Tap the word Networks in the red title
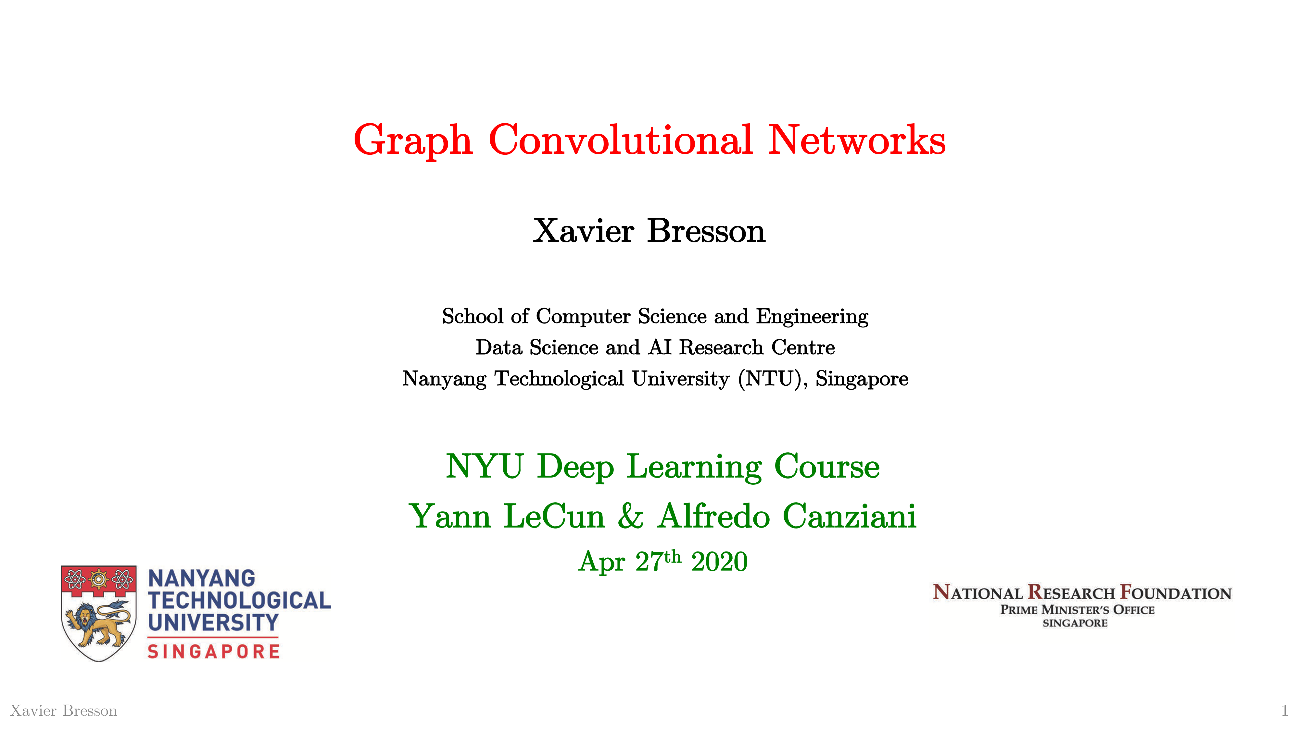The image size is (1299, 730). tap(857, 139)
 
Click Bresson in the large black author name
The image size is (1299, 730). tap(706, 231)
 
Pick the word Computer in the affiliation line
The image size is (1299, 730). tap(583, 316)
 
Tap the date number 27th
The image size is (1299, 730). tap(658, 561)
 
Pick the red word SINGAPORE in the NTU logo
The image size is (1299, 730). tap(213, 651)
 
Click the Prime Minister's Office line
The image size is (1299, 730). tap(1077, 610)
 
